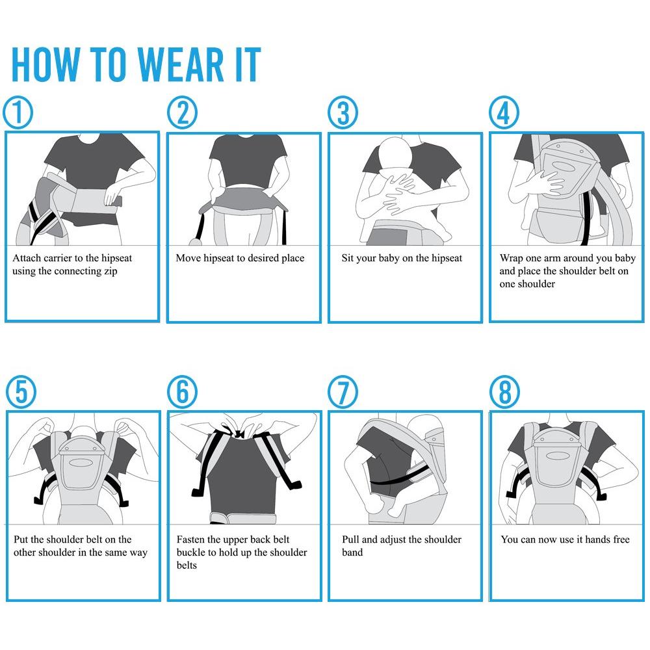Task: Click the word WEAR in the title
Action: point(181,64)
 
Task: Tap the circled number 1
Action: point(18,112)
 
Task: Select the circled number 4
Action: point(504,112)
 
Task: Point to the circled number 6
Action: point(183,392)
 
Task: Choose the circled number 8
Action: point(505,392)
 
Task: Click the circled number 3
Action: point(343,112)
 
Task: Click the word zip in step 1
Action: point(110,272)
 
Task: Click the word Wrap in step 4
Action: point(511,258)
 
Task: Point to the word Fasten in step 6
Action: point(190,539)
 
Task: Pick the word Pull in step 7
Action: point(350,539)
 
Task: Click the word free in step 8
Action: point(621,539)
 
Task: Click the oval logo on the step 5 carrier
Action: point(81,463)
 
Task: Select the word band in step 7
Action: point(352,552)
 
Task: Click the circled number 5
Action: point(21,392)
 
